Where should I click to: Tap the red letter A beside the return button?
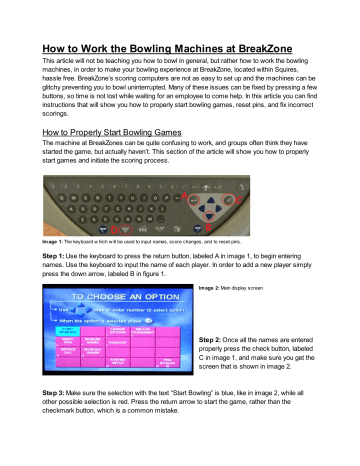(x=183, y=196)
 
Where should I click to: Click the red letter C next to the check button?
(x=238, y=200)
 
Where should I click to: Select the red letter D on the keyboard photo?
(x=114, y=228)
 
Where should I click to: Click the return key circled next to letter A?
(x=194, y=199)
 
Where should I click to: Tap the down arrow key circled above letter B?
(x=209, y=215)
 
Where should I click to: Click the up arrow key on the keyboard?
(x=210, y=200)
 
